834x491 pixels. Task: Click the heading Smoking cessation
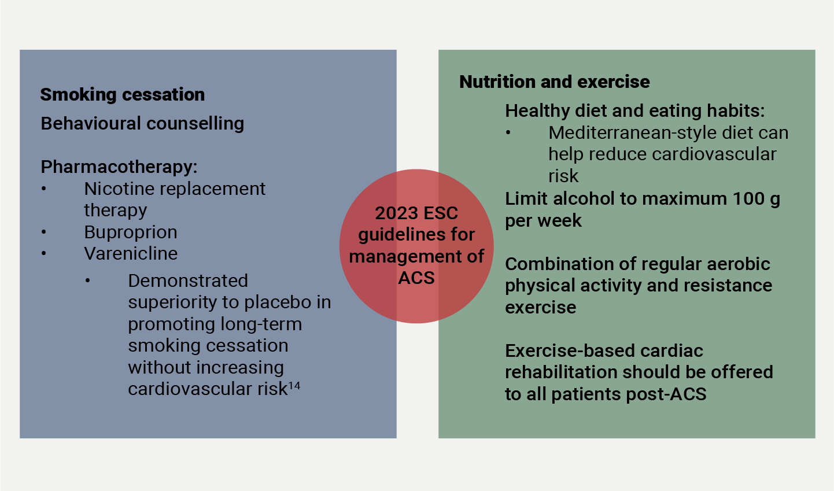pos(122,94)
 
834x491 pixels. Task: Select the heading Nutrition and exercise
pos(554,82)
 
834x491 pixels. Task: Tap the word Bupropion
pos(131,232)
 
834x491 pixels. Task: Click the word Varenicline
pos(131,253)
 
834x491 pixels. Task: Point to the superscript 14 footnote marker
pos(294,385)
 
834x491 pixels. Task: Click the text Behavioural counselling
pos(142,123)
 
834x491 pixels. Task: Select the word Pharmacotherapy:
pos(119,167)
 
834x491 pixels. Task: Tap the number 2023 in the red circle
pos(396,213)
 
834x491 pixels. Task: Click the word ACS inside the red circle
pos(416,278)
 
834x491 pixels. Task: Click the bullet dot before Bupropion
pos(44,232)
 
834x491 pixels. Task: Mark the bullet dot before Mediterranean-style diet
pos(508,133)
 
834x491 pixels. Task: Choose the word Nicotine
pos(117,189)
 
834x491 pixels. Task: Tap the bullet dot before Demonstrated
pos(88,281)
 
